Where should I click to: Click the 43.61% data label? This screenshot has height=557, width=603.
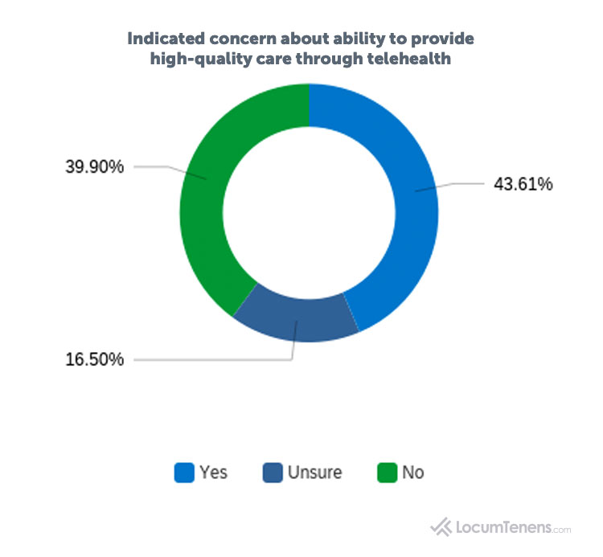[523, 184]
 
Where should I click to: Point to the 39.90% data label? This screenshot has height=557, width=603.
[94, 167]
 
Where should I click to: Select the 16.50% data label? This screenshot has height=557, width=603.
[94, 359]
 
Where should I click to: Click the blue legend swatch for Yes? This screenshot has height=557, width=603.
[184, 473]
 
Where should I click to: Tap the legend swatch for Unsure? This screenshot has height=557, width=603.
[273, 473]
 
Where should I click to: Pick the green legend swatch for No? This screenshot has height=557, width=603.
[387, 473]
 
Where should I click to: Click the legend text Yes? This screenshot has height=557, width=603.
[213, 473]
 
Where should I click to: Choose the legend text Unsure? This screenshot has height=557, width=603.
[314, 473]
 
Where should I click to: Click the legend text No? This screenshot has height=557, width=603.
[412, 473]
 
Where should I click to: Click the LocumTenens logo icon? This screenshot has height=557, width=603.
[442, 527]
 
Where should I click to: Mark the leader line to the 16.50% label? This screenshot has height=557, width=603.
[213, 359]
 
